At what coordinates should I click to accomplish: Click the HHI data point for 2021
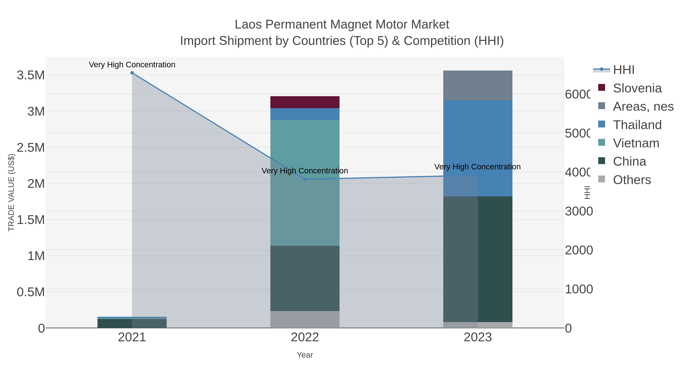132,73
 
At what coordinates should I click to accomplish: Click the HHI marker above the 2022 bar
305,179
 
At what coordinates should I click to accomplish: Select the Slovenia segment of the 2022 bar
305,102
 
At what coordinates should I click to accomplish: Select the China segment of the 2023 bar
495,259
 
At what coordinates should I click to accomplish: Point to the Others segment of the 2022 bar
305,319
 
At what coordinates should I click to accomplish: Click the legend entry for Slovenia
637,88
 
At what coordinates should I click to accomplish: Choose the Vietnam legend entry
636,143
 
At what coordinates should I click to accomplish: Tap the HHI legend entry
623,70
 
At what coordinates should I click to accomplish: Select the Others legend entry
632,180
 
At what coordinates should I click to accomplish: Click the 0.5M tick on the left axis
31,292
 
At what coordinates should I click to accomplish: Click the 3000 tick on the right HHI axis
579,211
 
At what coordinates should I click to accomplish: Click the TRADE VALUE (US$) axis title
11,192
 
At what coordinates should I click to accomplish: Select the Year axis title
305,355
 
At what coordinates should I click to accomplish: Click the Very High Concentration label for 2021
132,65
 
